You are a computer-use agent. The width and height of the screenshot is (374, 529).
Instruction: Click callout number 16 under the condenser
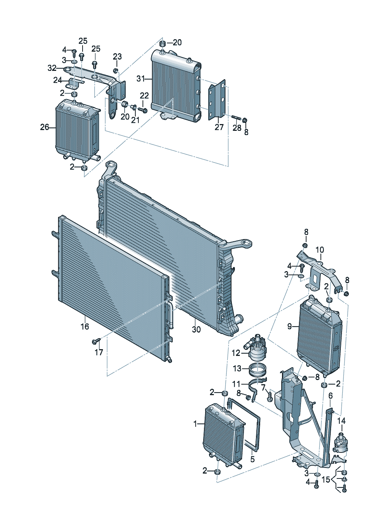[x=85, y=327]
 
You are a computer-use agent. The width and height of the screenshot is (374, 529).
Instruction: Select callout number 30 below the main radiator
[x=196, y=329]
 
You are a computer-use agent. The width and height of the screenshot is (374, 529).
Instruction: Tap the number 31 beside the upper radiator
[x=141, y=79]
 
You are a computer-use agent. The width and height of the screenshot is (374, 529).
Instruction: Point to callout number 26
[x=44, y=127]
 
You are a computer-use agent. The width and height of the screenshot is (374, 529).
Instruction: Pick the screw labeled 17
[x=96, y=341]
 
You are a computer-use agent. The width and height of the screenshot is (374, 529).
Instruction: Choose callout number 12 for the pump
[x=236, y=360]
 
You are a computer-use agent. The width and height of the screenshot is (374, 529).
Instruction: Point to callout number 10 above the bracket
[x=320, y=250]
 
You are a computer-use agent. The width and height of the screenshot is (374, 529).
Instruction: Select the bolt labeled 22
[x=143, y=110]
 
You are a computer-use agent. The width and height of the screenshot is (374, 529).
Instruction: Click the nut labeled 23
[x=116, y=70]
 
